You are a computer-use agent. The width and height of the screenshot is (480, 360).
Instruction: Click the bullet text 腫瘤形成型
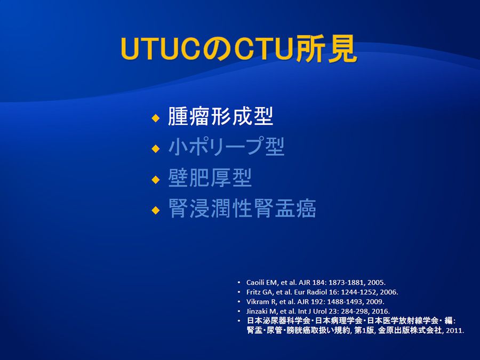coord(220,116)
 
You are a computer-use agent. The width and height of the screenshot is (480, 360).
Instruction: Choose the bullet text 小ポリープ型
coord(226,147)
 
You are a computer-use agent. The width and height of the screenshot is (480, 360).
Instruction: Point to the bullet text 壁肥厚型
coord(210,178)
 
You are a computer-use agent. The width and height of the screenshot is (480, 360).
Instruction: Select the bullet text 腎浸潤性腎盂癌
coord(242,208)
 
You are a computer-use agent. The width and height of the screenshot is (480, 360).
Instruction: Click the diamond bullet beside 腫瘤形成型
coord(156,118)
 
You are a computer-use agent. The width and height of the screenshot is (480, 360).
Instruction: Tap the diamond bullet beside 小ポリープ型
coord(156,149)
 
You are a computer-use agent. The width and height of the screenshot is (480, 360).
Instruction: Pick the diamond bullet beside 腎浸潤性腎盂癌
coord(156,210)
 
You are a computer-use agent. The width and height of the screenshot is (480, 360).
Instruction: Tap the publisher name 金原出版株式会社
coord(410,330)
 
